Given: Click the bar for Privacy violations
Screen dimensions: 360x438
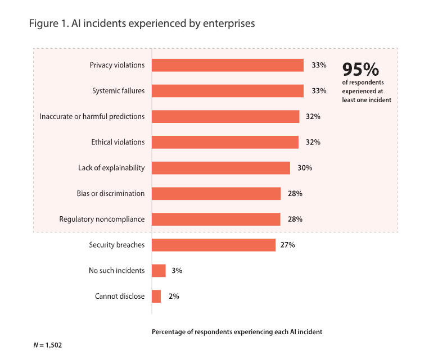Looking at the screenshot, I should click(x=228, y=65).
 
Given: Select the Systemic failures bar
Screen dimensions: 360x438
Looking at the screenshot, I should click(x=228, y=91).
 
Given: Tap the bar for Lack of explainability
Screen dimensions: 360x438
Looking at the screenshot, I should click(x=221, y=168).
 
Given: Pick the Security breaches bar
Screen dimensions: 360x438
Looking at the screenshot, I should click(x=214, y=245).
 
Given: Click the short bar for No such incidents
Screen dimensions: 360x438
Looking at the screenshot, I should click(x=159, y=271).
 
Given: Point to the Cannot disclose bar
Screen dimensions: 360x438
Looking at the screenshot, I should click(x=156, y=296).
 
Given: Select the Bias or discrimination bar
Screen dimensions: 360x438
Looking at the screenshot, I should click(x=216, y=194).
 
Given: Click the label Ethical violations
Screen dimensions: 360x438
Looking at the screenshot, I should click(x=118, y=142).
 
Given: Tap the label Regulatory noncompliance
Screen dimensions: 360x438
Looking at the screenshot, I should click(x=102, y=219).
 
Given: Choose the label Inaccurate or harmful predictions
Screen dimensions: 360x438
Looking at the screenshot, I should click(x=92, y=116).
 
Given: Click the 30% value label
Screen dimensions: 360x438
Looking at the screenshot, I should click(x=305, y=168).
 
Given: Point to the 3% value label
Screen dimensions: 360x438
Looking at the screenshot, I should click(x=177, y=271).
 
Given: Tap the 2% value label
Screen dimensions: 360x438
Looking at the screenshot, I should click(x=174, y=296).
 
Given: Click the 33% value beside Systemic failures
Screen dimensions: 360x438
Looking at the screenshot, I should click(x=319, y=91).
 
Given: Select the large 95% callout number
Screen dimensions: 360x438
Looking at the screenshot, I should click(x=361, y=70).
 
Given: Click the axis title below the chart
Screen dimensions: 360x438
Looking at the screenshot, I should click(x=237, y=332).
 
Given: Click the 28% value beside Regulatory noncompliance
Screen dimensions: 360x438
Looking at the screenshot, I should click(x=295, y=219).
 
